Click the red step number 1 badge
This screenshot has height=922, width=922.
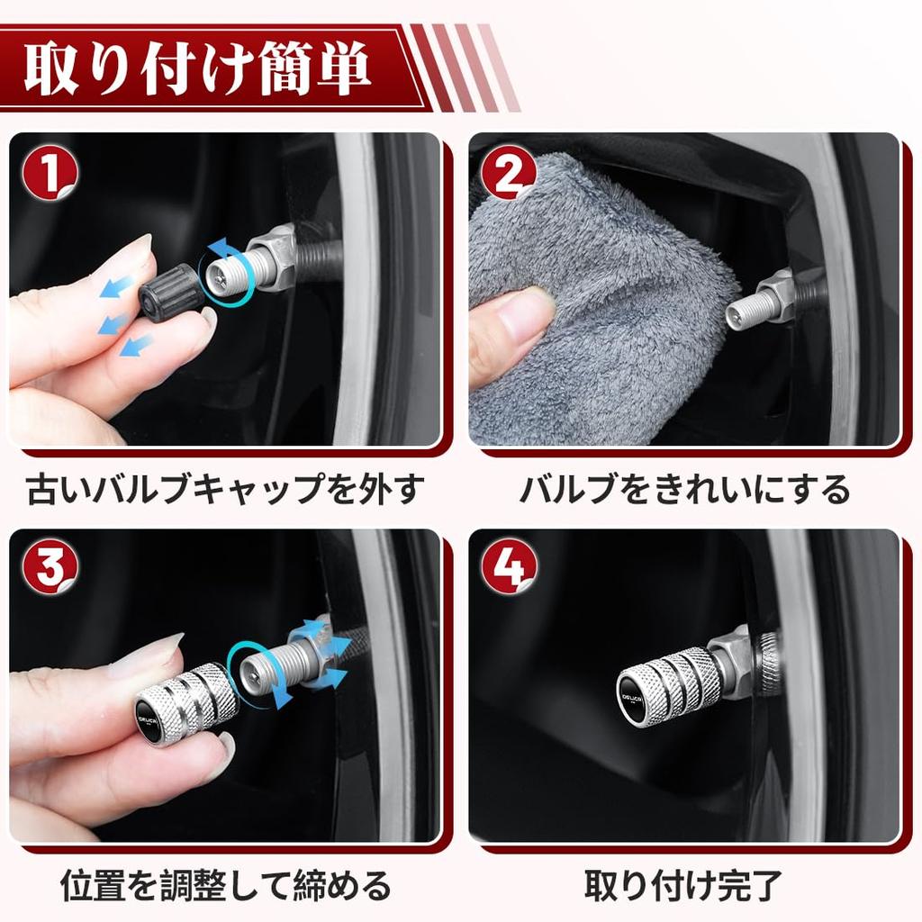click(50, 172)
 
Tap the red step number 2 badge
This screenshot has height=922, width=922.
click(509, 172)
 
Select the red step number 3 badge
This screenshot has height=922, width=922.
click(50, 568)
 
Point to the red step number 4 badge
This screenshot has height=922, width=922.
click(509, 568)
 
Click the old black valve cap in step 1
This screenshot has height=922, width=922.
click(168, 293)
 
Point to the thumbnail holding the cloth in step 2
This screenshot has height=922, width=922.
click(525, 311)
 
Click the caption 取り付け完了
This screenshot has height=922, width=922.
click(684, 885)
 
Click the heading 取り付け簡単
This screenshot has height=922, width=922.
click(198, 68)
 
